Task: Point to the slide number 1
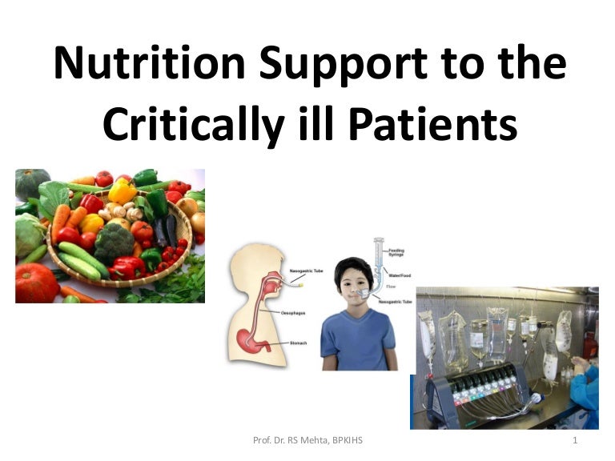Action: [x=576, y=441]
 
